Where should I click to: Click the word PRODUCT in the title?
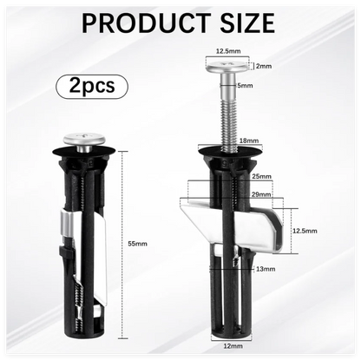(x=146, y=23)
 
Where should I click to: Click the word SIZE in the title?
(x=247, y=23)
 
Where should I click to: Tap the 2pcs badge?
(x=92, y=86)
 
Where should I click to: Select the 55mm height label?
(x=138, y=244)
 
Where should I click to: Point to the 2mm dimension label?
(x=264, y=66)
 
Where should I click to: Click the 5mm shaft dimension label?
(x=245, y=86)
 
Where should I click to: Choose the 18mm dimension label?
(x=249, y=141)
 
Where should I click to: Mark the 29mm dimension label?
(x=261, y=194)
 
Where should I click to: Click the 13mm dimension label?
(x=266, y=269)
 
